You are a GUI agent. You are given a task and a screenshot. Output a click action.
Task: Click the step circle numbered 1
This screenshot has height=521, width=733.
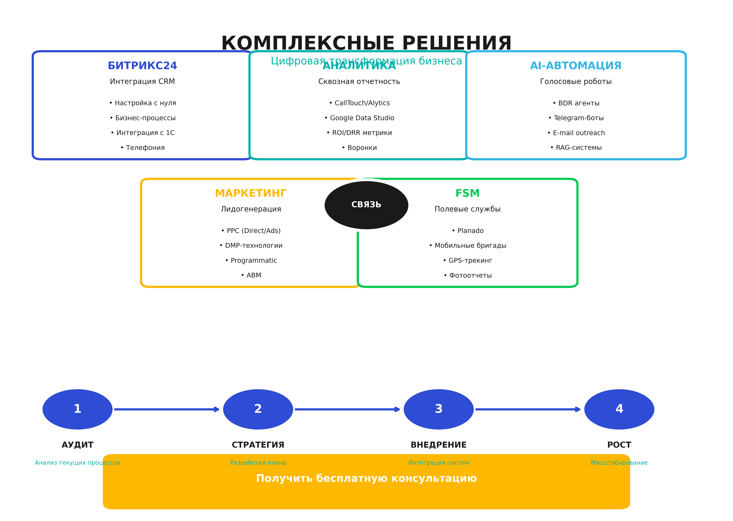[77, 409]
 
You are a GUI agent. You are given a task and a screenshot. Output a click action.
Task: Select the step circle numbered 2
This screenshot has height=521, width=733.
[258, 409]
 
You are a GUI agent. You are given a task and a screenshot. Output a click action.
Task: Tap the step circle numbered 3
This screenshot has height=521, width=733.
[438, 409]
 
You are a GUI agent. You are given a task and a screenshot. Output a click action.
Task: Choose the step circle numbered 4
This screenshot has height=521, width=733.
[619, 409]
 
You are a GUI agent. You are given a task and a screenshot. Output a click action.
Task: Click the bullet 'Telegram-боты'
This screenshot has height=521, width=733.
[576, 118]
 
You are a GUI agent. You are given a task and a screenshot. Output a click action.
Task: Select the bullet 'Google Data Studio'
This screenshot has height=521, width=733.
[359, 118]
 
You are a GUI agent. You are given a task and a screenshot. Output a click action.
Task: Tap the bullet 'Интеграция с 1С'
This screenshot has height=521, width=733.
[143, 133]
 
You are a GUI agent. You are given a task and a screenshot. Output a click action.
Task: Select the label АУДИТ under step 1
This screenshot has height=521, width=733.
[77, 445]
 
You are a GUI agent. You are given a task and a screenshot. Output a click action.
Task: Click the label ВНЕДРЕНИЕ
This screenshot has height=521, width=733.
[438, 445]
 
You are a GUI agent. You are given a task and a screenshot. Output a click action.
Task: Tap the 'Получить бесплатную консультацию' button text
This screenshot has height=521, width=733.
[366, 478]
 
